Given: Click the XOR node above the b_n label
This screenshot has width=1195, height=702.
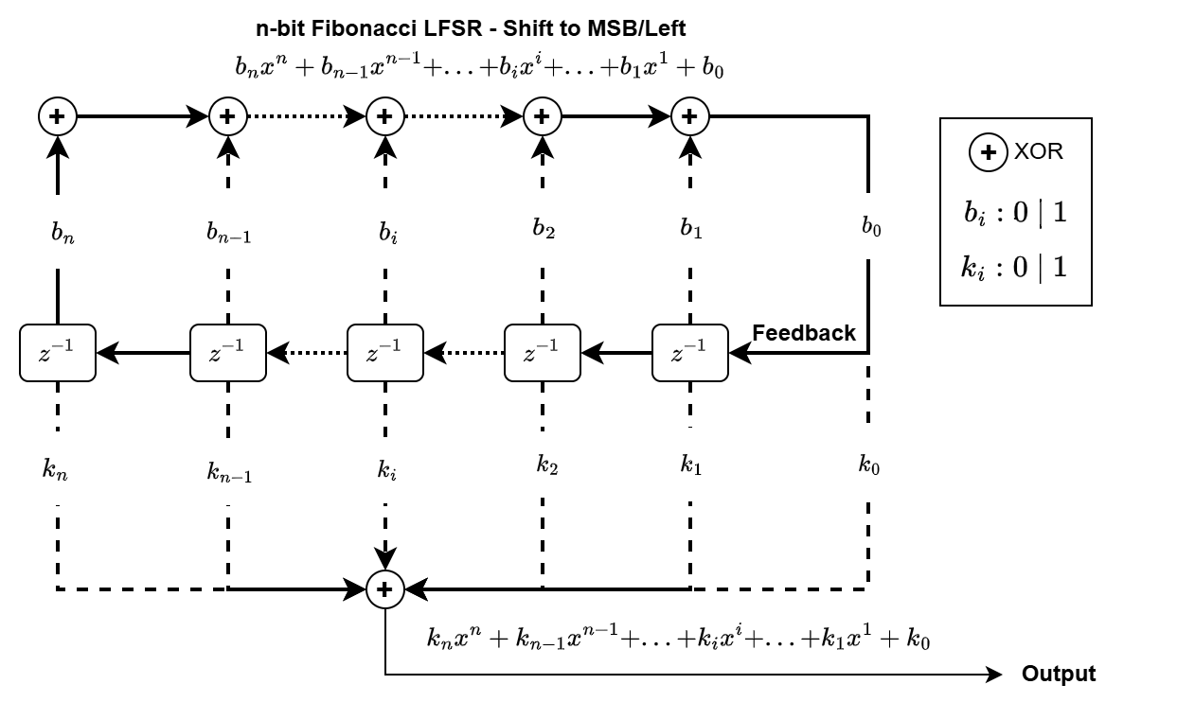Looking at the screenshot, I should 58,116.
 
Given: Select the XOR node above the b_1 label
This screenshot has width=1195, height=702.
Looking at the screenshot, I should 690,116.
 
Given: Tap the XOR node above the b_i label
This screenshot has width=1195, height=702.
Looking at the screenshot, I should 384,116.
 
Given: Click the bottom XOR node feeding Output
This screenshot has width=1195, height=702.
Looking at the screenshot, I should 384,589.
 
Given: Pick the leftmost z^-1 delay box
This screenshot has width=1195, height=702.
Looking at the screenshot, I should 58,353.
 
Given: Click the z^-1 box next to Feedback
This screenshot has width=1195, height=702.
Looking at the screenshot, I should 690,353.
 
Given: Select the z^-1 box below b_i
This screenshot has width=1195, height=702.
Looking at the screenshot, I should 384,353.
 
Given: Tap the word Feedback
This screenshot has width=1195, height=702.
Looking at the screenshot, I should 804,333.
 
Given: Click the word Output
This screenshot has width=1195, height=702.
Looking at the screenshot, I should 1058,675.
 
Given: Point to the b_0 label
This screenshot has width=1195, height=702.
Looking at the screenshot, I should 870,227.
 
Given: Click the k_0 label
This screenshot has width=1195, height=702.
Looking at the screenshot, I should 869,464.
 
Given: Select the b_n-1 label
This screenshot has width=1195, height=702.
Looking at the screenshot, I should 228,232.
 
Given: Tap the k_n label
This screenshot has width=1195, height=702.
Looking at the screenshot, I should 56,469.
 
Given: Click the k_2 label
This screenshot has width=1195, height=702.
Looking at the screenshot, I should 546,465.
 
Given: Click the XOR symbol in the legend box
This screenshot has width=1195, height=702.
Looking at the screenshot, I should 989,152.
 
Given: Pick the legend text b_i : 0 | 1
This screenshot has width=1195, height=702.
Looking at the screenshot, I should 1015,212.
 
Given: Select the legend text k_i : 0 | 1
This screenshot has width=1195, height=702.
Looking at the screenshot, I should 1015,268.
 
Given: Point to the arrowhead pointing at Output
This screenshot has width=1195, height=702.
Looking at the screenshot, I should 993,675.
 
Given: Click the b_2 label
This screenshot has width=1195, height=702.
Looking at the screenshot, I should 543,228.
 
